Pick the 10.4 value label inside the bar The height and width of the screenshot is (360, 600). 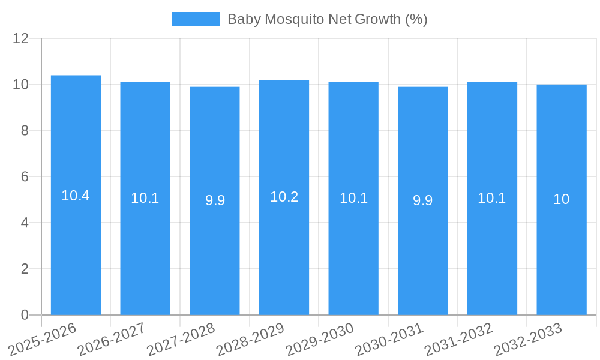(x=76, y=196)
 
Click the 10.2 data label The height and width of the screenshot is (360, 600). (x=284, y=197)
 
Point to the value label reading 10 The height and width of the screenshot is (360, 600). (x=562, y=199)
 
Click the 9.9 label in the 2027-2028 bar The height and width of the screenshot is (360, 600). (x=215, y=200)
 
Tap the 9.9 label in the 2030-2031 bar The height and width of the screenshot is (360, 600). (x=423, y=200)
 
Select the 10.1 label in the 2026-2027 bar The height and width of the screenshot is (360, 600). (x=145, y=198)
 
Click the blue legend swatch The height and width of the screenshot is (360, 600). (x=196, y=19)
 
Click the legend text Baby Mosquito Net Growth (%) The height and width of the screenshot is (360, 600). (x=327, y=19)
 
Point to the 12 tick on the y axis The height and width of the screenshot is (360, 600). (x=21, y=38)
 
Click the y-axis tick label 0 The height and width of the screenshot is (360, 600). (x=25, y=315)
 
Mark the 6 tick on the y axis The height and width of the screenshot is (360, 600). (x=25, y=177)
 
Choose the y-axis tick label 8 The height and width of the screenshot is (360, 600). (x=25, y=131)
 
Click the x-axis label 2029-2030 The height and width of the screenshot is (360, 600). (x=320, y=339)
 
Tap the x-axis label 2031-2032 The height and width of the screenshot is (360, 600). (x=459, y=339)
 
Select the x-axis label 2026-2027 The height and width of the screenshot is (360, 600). (x=112, y=339)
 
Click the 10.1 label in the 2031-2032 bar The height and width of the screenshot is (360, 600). (x=492, y=198)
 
